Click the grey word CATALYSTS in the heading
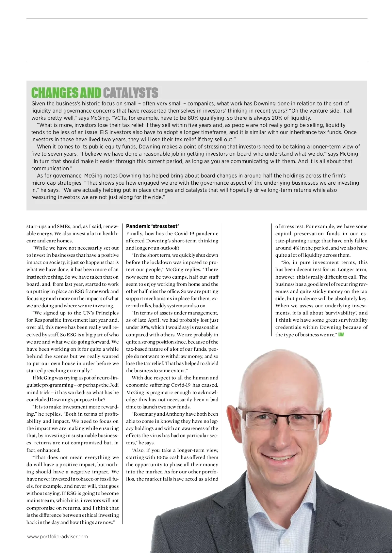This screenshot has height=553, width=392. point(131,93)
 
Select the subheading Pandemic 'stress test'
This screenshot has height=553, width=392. point(152,226)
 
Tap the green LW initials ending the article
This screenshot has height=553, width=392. point(341,335)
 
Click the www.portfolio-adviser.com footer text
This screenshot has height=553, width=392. point(57,536)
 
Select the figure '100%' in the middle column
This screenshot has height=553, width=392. point(162,457)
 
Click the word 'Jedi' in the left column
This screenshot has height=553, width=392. point(114,385)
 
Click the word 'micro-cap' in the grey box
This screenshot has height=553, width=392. point(42,183)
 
